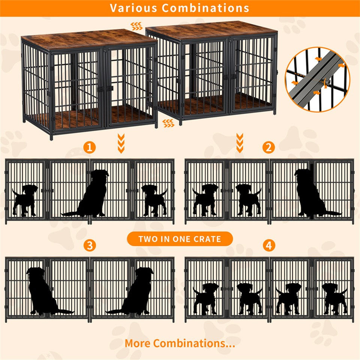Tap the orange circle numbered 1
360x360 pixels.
[x=89, y=147]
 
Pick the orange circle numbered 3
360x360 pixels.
[x=89, y=246]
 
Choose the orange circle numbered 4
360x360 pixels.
[x=268, y=246]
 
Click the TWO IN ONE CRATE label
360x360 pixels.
[x=180, y=239]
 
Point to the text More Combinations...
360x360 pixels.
[x=180, y=343]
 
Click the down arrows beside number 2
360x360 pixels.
[x=240, y=143]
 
